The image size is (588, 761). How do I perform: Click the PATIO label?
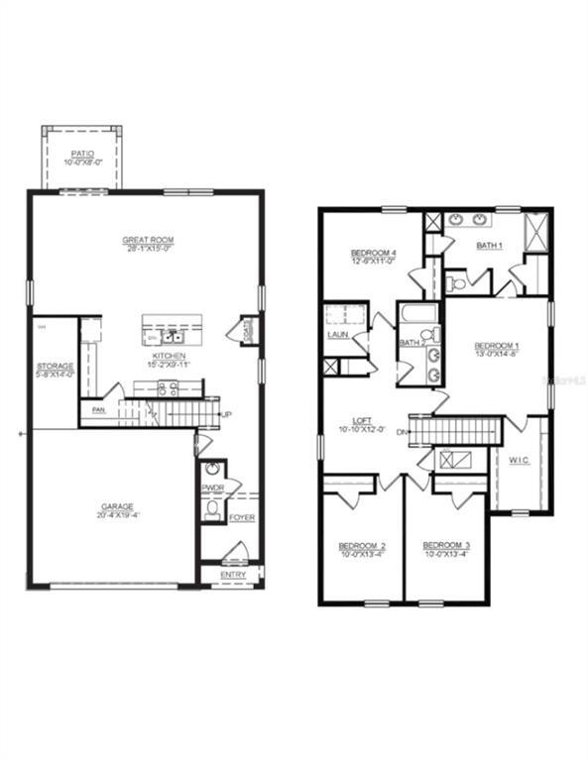click(x=81, y=154)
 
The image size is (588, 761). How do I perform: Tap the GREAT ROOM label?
click(x=149, y=240)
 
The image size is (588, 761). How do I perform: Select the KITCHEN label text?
click(x=169, y=355)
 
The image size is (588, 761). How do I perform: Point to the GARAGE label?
click(x=116, y=506)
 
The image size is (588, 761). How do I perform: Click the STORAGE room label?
click(x=55, y=366)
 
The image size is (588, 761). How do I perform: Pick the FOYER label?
click(x=242, y=517)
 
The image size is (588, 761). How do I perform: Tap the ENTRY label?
click(x=233, y=575)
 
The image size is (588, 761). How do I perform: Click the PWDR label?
click(x=212, y=488)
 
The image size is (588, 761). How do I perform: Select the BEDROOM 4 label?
click(x=374, y=254)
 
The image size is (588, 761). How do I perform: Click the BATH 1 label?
click(x=489, y=245)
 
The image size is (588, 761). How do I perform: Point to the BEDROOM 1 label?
click(x=497, y=345)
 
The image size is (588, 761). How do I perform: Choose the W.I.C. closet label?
click(x=521, y=459)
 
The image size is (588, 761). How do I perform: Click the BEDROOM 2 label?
click(x=362, y=546)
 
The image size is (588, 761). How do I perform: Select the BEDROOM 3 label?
click(x=445, y=546)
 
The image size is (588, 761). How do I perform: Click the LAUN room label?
click(x=337, y=335)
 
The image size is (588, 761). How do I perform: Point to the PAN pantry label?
click(x=98, y=409)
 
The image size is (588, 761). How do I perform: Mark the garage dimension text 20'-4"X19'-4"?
click(x=116, y=515)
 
